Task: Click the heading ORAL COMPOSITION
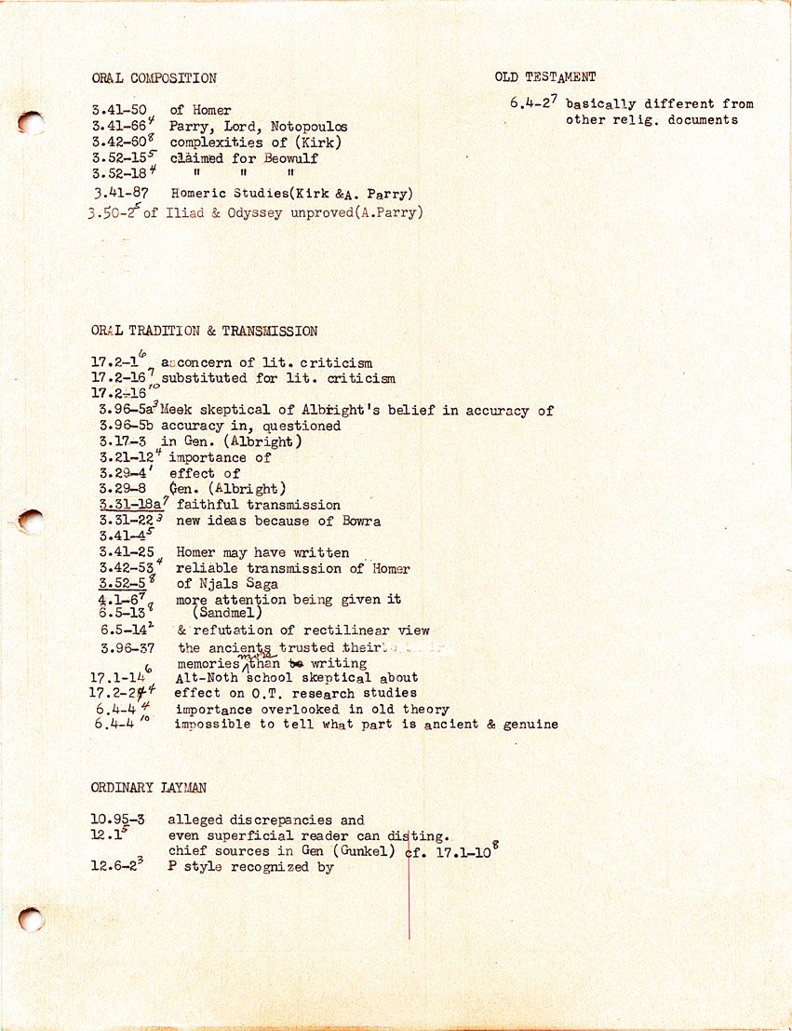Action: [x=154, y=79]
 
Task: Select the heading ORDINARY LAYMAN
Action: [x=149, y=788]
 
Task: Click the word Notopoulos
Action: [x=309, y=127]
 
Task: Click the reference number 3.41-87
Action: [x=121, y=194]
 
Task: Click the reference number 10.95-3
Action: [x=118, y=821]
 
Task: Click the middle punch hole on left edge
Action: [x=31, y=522]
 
